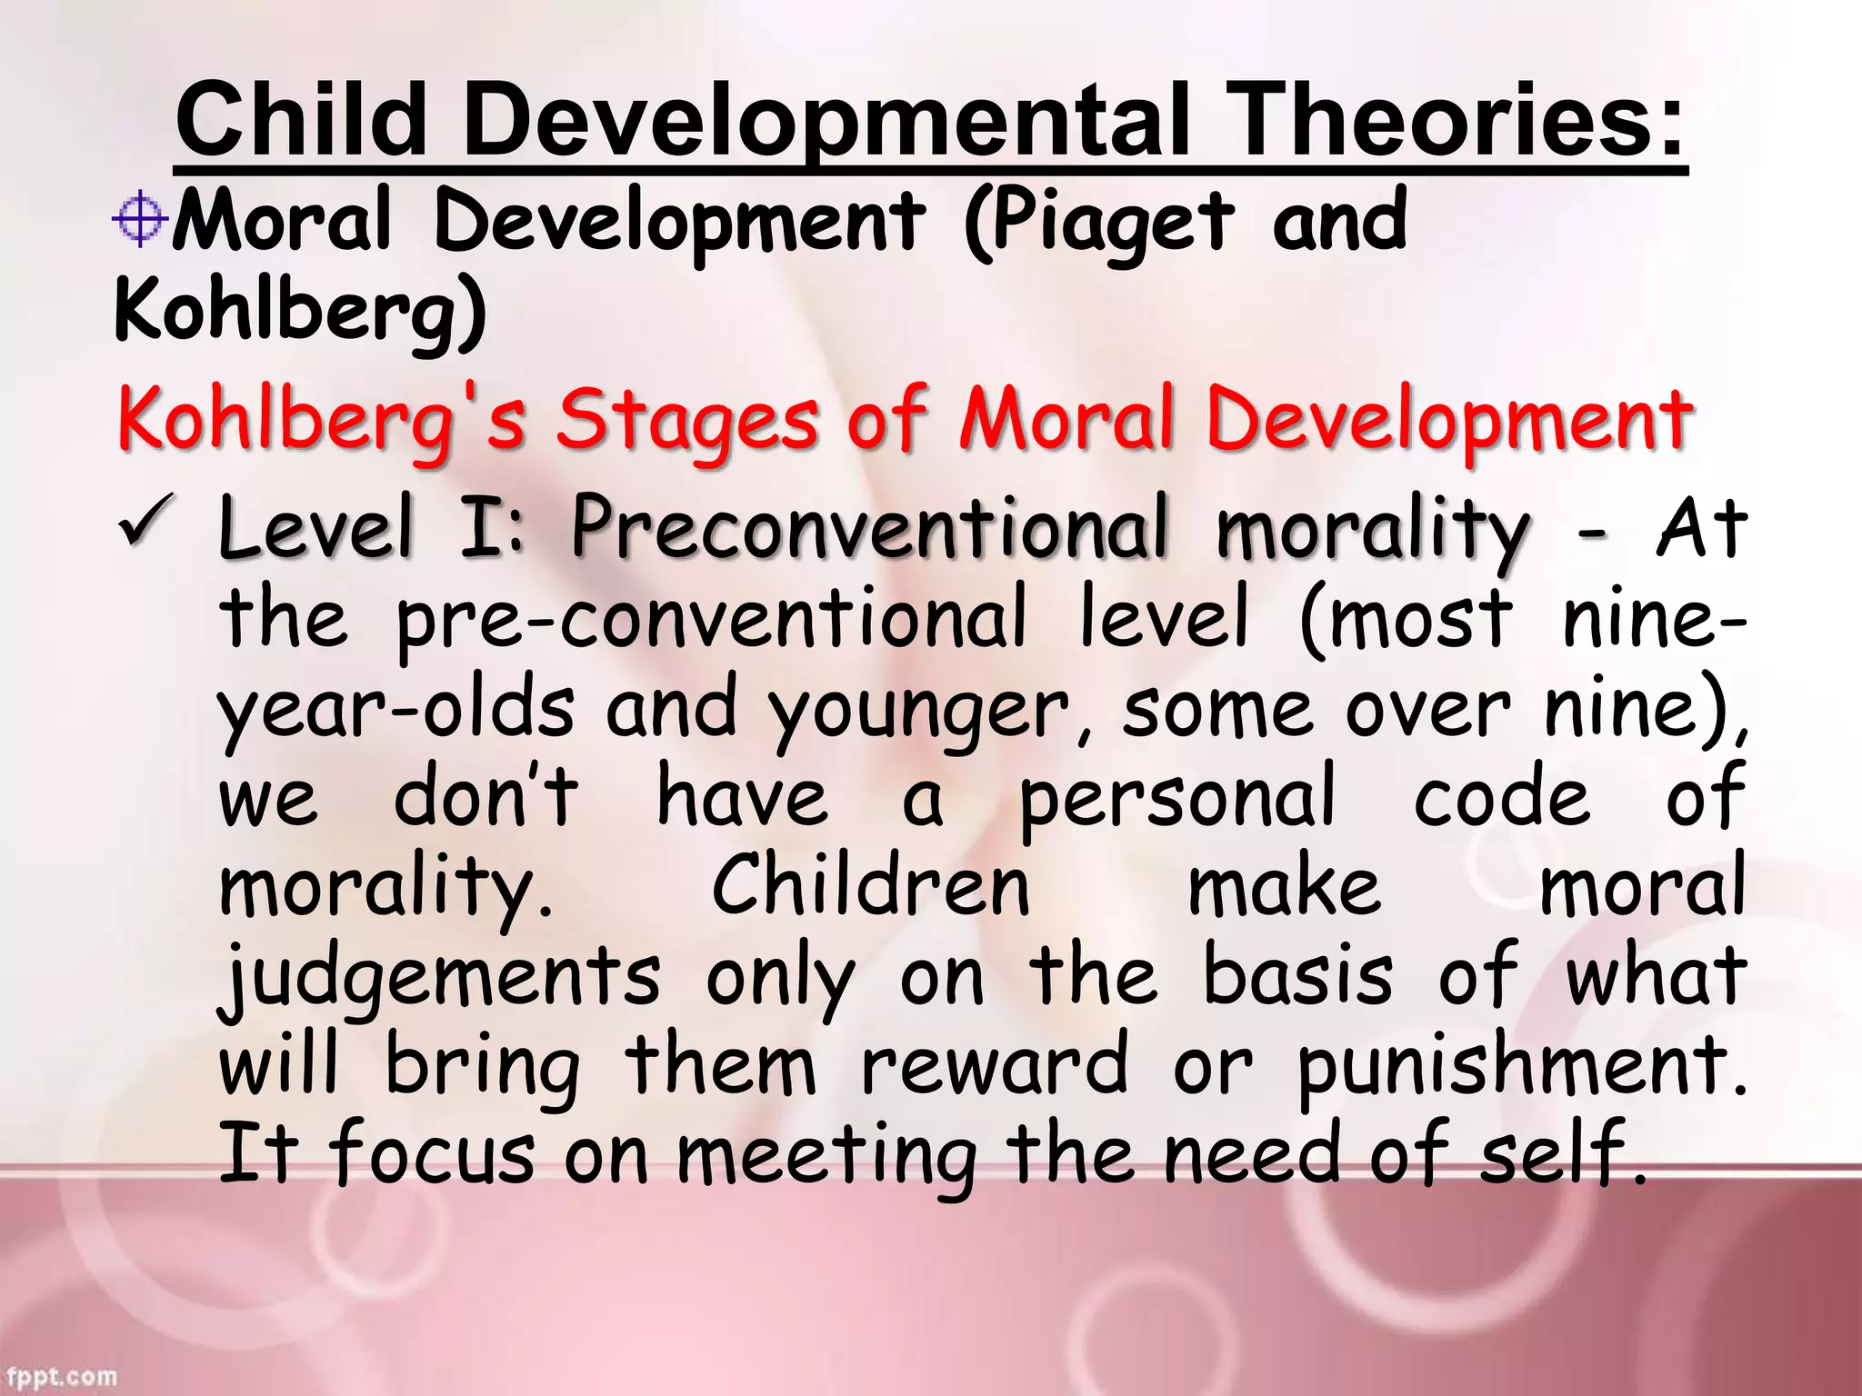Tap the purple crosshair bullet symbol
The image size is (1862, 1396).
[x=140, y=218]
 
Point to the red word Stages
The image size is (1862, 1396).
[x=686, y=420]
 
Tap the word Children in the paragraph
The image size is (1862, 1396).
[x=870, y=886]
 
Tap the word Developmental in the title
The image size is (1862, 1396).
[x=826, y=121]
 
